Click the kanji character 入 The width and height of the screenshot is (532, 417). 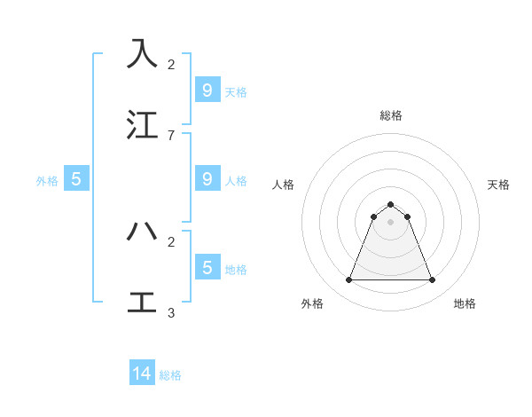point(142,54)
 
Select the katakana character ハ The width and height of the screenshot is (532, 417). point(142,232)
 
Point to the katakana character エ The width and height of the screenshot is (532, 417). point(142,303)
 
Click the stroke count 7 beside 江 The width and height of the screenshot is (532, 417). point(171,135)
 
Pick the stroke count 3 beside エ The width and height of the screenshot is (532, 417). point(171,312)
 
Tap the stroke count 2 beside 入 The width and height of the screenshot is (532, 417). point(171,65)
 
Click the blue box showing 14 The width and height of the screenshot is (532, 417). point(142,374)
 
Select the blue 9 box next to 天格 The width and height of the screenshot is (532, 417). point(207,90)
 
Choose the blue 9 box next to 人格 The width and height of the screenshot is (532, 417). point(207,178)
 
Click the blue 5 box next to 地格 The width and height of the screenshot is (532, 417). point(207,267)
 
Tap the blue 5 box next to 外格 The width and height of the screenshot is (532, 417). point(76,179)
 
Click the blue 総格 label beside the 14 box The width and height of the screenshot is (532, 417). point(170,375)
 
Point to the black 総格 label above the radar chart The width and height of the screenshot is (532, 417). point(391,115)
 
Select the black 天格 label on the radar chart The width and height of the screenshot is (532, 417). point(498,185)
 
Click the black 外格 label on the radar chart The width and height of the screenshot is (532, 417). point(312,303)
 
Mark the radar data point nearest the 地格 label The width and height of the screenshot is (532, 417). point(432,280)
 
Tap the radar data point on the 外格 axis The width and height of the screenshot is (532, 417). point(349,280)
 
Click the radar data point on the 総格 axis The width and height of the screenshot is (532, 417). point(390,204)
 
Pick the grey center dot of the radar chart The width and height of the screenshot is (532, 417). point(390,222)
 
